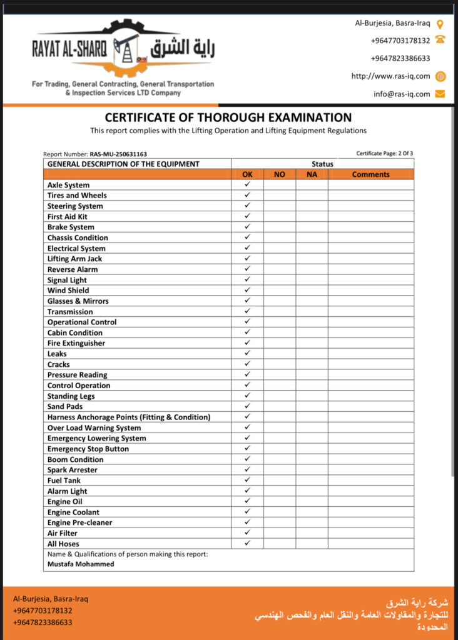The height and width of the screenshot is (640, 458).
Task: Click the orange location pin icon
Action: tap(440, 24)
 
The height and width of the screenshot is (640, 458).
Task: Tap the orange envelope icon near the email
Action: tap(440, 94)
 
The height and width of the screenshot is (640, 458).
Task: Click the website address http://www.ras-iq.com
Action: tap(391, 76)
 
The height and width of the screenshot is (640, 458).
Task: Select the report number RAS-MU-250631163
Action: tap(118, 154)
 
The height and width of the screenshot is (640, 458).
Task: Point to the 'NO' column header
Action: tap(280, 174)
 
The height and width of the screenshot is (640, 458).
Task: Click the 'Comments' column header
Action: tap(370, 174)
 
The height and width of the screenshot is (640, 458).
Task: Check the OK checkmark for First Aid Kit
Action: tap(247, 216)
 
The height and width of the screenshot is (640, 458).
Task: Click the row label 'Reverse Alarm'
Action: tap(73, 269)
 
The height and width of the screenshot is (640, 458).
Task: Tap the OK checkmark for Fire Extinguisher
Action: tap(247, 342)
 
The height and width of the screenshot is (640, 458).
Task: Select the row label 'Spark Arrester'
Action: tap(73, 469)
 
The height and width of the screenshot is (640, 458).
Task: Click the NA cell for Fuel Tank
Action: tap(312, 480)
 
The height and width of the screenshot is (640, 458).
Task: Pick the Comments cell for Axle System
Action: tap(370, 185)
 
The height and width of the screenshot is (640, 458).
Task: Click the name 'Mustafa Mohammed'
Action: tap(81, 564)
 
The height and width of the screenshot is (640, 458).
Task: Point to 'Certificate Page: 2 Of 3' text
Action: tap(385, 153)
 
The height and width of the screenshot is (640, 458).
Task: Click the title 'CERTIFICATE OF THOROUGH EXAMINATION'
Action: tap(228, 117)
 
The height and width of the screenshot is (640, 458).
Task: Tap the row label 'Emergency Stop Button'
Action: tap(88, 449)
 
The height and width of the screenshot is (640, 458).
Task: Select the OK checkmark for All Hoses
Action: tap(247, 543)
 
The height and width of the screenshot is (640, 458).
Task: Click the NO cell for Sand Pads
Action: tap(280, 406)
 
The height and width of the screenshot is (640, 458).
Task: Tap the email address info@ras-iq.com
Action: tap(402, 94)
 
